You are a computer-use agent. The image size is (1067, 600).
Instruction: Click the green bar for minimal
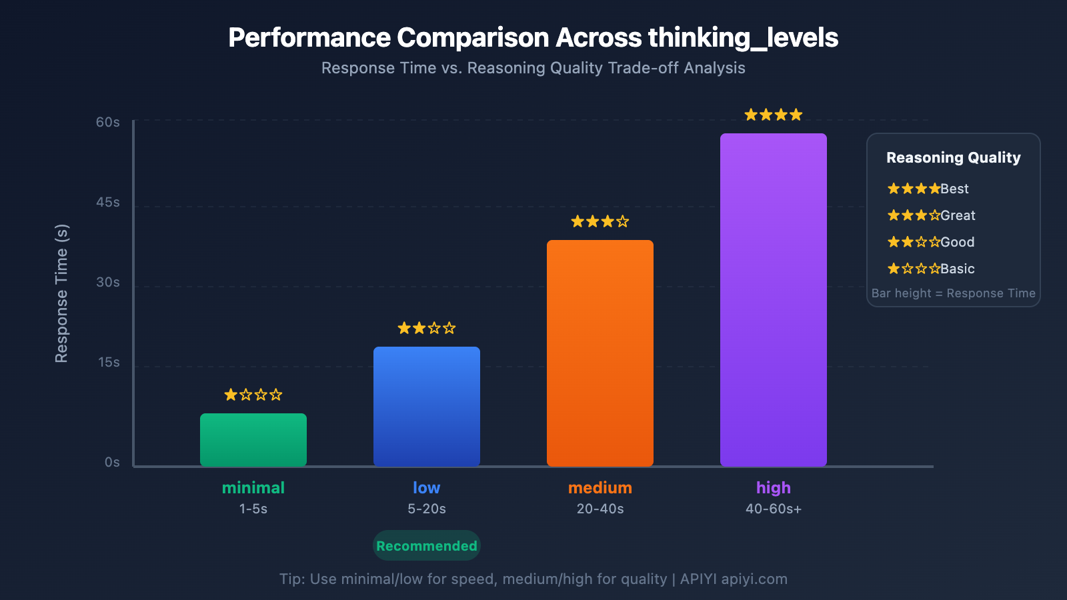click(253, 440)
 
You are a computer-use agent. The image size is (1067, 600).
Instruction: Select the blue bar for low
click(427, 407)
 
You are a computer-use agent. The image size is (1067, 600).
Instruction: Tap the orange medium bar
click(600, 353)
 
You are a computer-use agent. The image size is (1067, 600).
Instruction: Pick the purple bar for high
click(774, 300)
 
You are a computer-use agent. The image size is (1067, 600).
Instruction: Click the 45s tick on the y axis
click(108, 203)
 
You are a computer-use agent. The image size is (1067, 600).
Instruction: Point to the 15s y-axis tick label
click(109, 363)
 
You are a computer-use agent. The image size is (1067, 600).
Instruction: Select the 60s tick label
click(108, 123)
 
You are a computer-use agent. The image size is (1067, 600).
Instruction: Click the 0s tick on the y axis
click(112, 463)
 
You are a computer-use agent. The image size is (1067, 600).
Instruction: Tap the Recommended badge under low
click(427, 546)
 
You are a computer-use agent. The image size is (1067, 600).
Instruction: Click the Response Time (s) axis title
click(61, 293)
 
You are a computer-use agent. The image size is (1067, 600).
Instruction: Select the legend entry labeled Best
click(928, 189)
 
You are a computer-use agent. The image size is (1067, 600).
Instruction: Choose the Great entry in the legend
click(931, 215)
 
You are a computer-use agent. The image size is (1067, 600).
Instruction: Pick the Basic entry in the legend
click(931, 269)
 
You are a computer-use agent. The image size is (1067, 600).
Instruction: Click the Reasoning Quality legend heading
click(954, 158)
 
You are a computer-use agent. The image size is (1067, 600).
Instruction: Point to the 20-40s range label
click(600, 509)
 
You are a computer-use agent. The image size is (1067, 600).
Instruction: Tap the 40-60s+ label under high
click(774, 509)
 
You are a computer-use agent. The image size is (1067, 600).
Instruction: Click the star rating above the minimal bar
click(253, 395)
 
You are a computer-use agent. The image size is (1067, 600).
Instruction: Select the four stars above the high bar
click(774, 115)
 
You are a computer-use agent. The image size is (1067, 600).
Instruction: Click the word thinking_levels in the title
click(743, 38)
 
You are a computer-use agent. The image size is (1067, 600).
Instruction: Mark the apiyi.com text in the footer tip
click(754, 579)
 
